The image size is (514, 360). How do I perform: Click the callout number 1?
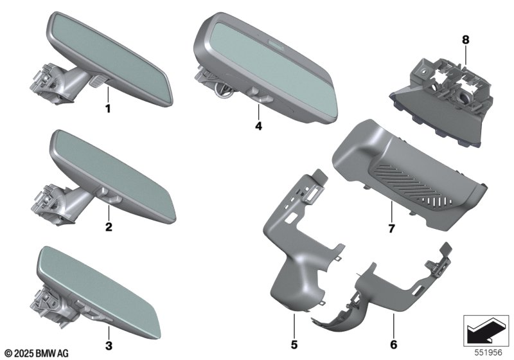tap(108, 109)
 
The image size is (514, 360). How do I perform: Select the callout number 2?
tap(109, 226)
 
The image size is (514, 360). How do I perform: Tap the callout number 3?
tap(109, 345)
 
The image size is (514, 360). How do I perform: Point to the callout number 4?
tap(259, 126)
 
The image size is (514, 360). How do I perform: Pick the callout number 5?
tap(294, 345)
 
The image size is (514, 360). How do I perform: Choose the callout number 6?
tap(393, 345)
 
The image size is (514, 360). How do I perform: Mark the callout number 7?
tap(391, 228)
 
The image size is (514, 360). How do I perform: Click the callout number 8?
tap(465, 40)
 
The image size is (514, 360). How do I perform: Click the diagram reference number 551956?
tap(488, 352)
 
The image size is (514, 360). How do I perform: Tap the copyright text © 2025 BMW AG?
tap(37, 353)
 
